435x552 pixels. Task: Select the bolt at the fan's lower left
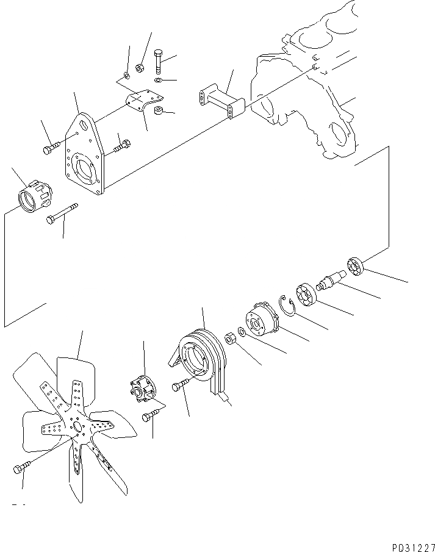click(20, 468)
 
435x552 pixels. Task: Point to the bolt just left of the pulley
click(181, 386)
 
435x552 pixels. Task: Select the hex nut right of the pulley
click(231, 338)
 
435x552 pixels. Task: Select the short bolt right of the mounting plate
click(122, 145)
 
